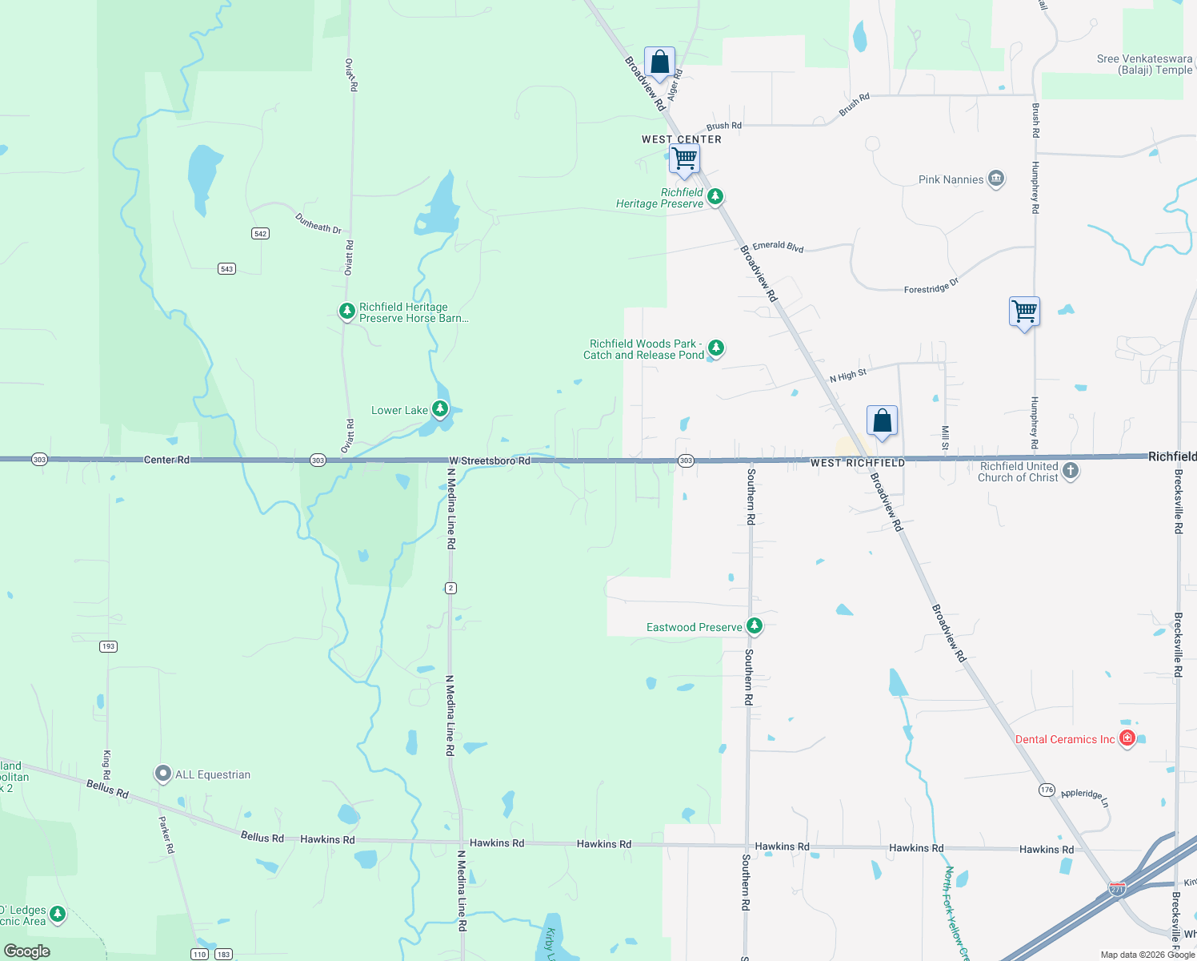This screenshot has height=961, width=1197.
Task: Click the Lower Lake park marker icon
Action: [439, 409]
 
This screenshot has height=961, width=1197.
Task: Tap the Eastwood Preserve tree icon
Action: [754, 625]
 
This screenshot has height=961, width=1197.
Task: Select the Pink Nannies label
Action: [951, 179]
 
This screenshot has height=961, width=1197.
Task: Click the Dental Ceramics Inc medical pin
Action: [1127, 738]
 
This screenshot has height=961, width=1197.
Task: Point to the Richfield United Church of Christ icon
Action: [1071, 471]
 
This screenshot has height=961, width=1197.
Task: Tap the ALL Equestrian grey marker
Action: [163, 774]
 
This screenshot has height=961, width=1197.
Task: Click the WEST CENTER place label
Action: [682, 139]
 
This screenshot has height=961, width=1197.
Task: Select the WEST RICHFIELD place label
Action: [858, 463]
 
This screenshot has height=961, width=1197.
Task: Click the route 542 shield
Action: [260, 234]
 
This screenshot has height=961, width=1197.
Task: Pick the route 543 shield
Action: [227, 269]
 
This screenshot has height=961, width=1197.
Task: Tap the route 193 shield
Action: [109, 646]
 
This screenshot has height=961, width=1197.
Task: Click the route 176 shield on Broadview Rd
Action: [1047, 790]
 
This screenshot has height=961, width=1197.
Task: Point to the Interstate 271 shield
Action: [1117, 889]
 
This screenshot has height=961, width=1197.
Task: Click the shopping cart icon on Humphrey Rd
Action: [1024, 312]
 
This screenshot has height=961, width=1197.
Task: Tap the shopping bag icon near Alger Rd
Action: [659, 62]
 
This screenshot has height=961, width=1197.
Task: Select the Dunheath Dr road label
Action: [318, 223]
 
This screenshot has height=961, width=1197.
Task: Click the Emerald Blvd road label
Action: [778, 247]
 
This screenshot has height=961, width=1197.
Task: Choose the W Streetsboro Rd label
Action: [490, 460]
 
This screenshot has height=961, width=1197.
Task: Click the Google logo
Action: [27, 951]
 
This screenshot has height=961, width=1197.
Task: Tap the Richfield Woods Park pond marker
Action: [716, 348]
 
